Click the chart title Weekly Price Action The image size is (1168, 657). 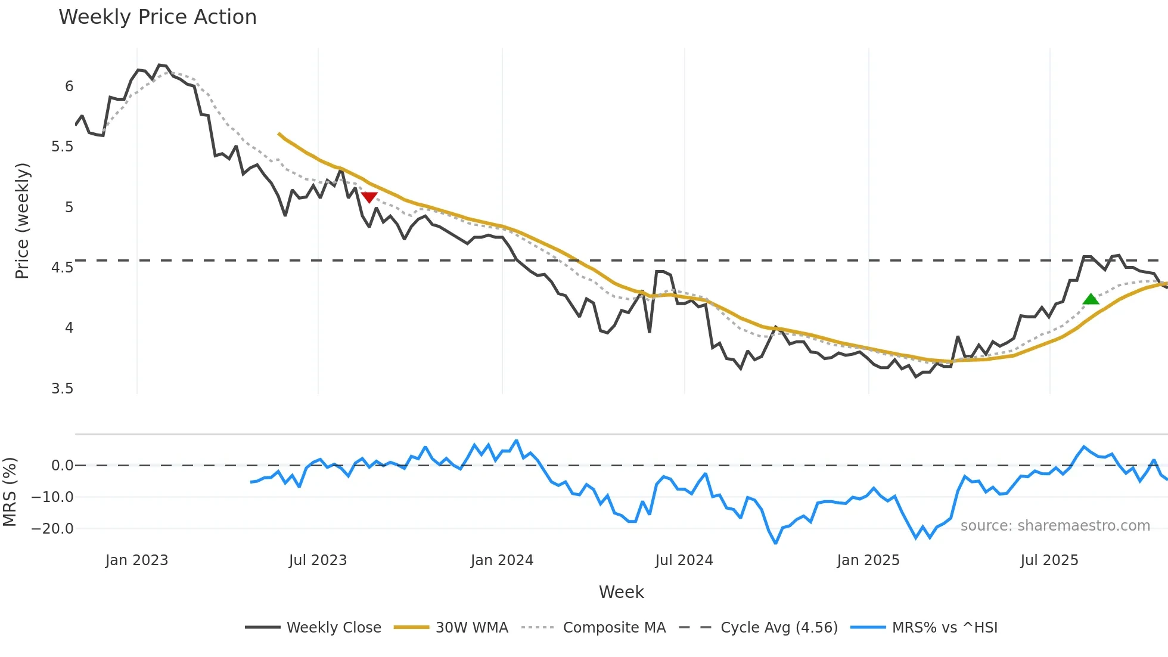point(157,17)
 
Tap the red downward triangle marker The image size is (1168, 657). point(369,197)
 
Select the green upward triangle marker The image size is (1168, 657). point(1091,299)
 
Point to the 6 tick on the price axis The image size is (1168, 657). point(69,86)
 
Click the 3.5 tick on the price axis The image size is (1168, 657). point(63,389)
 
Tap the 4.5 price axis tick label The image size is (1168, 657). point(63,268)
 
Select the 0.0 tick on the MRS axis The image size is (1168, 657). point(62,466)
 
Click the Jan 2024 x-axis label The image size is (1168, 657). point(502,560)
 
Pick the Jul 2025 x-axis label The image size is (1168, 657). point(1049,560)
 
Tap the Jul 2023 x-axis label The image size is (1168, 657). point(318,560)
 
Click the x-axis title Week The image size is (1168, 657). point(621,592)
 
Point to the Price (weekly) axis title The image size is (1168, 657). point(22,221)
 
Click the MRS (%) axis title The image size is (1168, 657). point(10,492)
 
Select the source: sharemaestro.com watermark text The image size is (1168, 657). point(1055,526)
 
